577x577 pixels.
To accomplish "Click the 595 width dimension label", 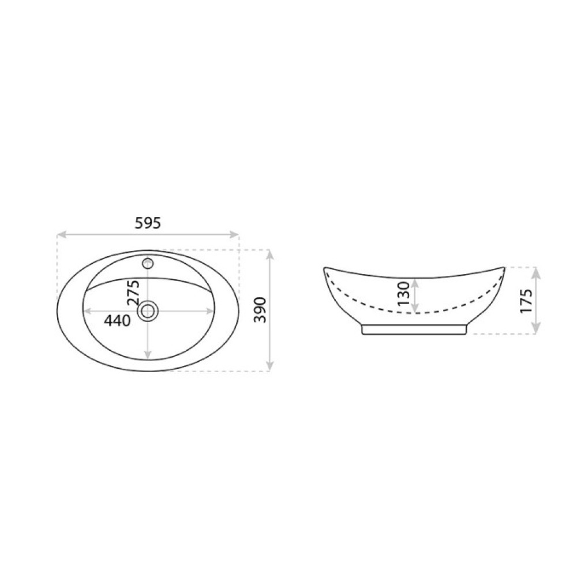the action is (148, 223).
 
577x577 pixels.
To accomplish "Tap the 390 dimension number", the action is (261, 310).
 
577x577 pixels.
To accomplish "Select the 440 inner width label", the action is (117, 320).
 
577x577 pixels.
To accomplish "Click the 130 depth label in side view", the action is (404, 294).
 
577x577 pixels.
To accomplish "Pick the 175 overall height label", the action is (526, 301).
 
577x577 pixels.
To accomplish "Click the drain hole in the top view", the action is (148, 312).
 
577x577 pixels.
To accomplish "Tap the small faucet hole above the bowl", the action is (148, 263).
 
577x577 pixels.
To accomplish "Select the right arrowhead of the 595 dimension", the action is (234, 234).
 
